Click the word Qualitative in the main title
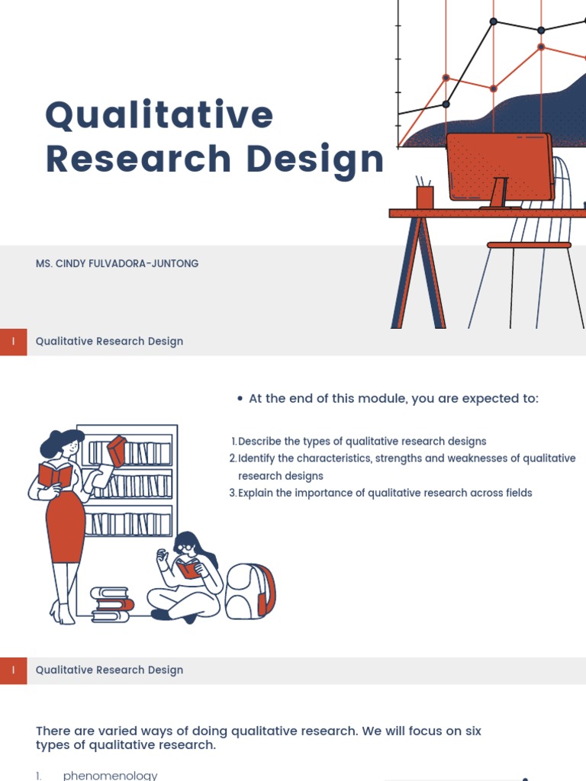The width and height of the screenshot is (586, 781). (159, 116)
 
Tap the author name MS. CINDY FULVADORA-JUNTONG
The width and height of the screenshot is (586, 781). (117, 263)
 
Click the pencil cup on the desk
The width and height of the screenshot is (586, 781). (424, 196)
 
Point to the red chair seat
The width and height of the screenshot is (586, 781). (529, 245)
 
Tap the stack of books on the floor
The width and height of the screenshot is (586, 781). (111, 603)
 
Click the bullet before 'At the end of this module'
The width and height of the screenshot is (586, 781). (240, 399)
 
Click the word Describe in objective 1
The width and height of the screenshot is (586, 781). (260, 442)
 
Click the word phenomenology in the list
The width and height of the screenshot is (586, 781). (110, 775)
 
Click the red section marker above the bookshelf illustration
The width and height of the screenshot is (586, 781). (14, 342)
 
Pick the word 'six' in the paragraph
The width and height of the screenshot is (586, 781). (472, 731)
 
